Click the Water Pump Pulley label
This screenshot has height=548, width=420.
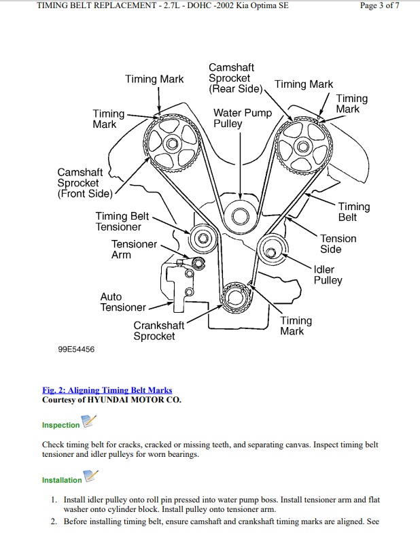243,118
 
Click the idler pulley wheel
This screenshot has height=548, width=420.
272,251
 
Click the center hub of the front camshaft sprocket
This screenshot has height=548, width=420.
173,143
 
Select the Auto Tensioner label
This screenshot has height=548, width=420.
123,302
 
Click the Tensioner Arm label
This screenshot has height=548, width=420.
134,250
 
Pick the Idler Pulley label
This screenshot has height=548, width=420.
328,275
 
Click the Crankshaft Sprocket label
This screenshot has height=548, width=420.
158,330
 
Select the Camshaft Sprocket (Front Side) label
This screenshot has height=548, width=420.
85,183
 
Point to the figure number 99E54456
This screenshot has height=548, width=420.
76,349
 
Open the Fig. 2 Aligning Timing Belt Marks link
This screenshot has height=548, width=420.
107,390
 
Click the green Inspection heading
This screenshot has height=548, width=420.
60,425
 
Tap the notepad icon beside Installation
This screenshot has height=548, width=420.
91,476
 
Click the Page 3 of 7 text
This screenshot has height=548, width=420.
379,5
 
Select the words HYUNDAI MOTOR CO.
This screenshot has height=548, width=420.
134,400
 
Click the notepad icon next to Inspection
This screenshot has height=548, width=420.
89,421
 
